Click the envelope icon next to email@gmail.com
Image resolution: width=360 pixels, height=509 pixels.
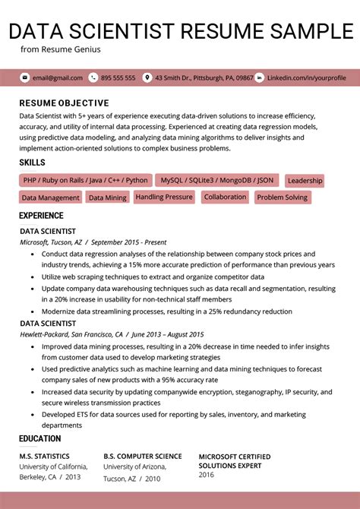24,77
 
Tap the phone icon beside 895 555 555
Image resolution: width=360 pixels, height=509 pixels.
93,77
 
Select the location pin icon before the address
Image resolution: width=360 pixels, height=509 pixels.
147,77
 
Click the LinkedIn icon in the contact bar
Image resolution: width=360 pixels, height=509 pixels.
259,77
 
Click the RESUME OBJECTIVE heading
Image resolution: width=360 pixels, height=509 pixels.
64,103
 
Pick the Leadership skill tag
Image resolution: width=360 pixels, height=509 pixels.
305,181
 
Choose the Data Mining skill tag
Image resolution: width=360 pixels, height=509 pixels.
107,198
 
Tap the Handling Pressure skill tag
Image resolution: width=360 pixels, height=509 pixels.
164,197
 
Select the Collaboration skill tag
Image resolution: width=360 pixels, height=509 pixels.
225,197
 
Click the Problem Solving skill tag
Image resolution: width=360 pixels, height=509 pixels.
282,198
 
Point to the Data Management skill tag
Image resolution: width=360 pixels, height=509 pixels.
50,198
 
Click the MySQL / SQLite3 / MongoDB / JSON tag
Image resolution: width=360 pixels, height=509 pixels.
216,180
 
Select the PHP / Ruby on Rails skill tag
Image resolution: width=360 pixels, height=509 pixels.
85,180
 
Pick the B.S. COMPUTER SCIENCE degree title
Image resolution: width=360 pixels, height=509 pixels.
143,457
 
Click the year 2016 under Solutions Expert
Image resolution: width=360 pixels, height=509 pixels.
207,474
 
